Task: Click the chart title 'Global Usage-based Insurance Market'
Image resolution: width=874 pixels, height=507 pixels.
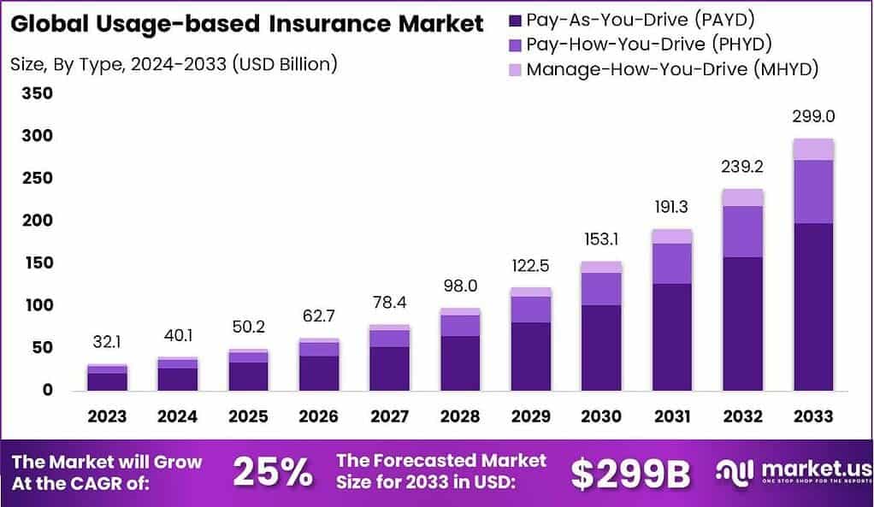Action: (x=247, y=24)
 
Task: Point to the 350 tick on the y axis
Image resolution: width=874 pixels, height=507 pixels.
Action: (x=36, y=93)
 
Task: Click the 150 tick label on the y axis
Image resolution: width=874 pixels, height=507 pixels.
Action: (x=36, y=262)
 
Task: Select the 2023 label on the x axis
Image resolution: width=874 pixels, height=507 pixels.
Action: (x=107, y=416)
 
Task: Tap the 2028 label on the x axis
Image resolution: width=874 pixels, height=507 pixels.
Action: (x=460, y=416)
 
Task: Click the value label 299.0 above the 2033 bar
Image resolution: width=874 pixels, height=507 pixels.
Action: (x=813, y=117)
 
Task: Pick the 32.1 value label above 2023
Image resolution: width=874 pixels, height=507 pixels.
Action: (x=107, y=342)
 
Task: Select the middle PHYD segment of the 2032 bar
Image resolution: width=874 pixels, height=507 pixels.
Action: (x=742, y=231)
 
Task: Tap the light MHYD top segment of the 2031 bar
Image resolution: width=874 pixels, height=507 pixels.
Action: (x=672, y=236)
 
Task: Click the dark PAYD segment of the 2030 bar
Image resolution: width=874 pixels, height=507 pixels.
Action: (x=601, y=347)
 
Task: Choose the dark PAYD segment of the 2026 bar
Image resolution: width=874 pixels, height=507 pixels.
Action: (x=319, y=373)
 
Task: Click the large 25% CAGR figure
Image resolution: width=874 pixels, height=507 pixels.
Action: (x=271, y=471)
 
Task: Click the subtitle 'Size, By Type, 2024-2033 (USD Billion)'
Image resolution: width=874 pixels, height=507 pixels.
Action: (x=174, y=63)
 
